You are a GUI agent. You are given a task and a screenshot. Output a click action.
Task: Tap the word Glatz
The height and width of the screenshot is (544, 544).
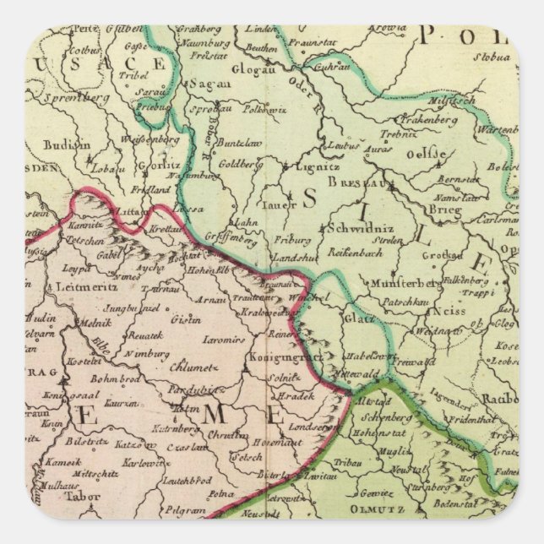click(354, 318)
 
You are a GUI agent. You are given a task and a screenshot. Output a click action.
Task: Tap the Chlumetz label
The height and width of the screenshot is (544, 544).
click(194, 367)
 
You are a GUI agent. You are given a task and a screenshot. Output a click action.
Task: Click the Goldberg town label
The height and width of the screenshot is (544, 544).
click(235, 164)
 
